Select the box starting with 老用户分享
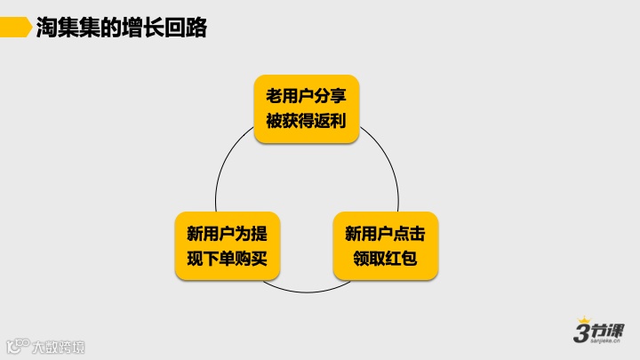point(306,108)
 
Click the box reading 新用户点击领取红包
point(385,246)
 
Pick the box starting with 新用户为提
point(227,246)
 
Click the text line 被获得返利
point(306,120)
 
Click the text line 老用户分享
point(306,96)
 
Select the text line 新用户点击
point(385,234)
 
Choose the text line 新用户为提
point(227,234)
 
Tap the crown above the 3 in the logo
point(584,319)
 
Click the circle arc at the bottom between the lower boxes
point(306,292)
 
